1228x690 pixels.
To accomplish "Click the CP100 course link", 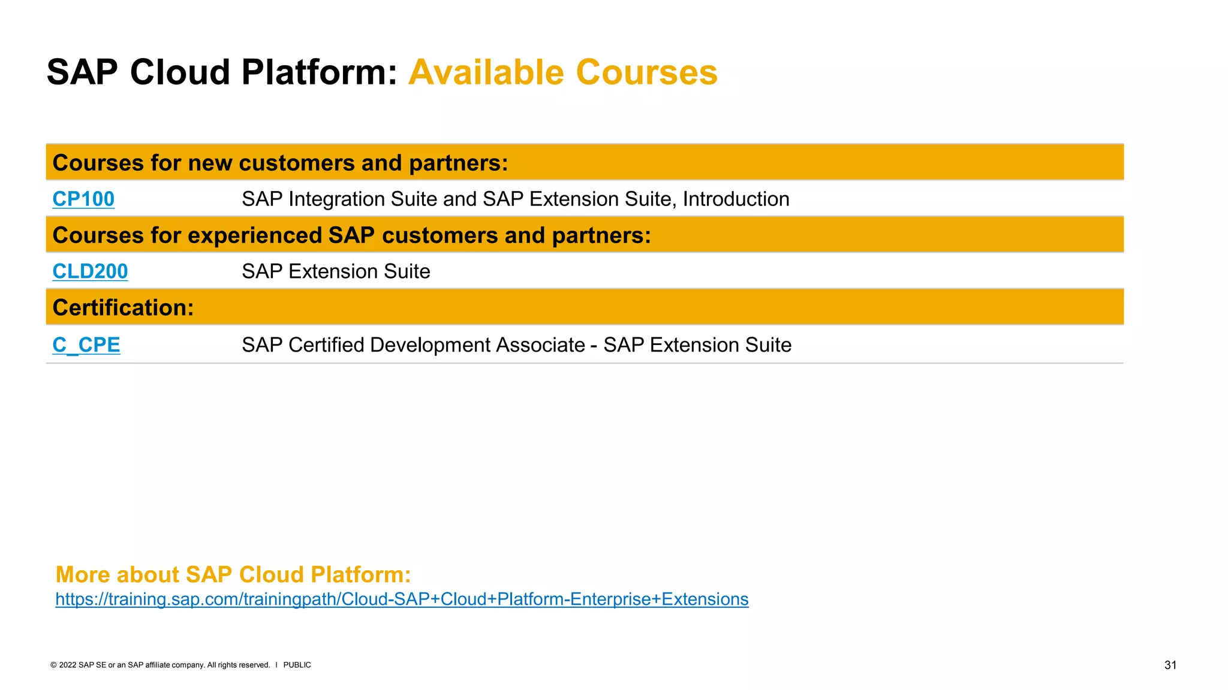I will (83, 199).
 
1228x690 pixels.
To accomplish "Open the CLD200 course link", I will (90, 271).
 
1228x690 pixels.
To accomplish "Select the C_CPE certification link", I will (86, 345).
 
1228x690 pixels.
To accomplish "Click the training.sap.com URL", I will (402, 599).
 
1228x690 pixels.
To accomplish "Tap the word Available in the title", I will (486, 72).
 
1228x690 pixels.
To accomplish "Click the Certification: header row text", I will (123, 308).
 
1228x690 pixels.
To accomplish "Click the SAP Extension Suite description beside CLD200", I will (336, 271).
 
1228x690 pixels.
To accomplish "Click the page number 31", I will (1170, 665).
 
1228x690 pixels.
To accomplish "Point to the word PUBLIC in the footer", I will (297, 665).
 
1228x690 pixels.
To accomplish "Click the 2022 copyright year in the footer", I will (68, 665).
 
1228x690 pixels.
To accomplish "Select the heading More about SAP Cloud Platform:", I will (233, 574).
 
